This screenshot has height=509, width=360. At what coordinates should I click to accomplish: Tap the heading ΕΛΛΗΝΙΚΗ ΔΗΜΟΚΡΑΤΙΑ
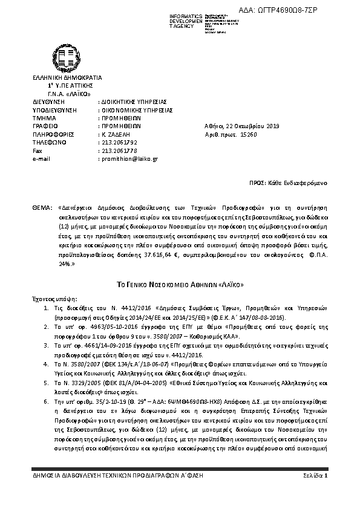tap(67, 78)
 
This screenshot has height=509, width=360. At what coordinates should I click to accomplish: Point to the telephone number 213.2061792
tap(116, 142)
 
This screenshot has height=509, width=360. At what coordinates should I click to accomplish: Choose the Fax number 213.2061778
tap(116, 151)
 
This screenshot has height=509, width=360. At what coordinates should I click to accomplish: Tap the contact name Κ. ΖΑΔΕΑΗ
tap(112, 134)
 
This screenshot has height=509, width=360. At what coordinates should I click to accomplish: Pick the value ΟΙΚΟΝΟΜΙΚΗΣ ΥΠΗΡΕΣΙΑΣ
tap(136, 110)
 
